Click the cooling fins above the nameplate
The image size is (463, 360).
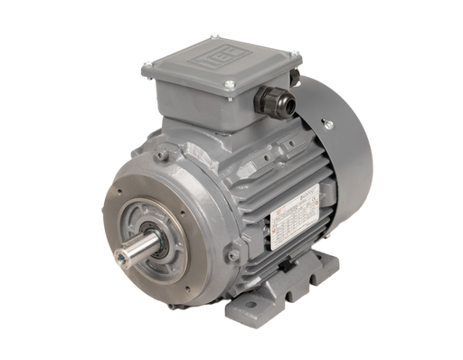[x=271, y=163]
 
